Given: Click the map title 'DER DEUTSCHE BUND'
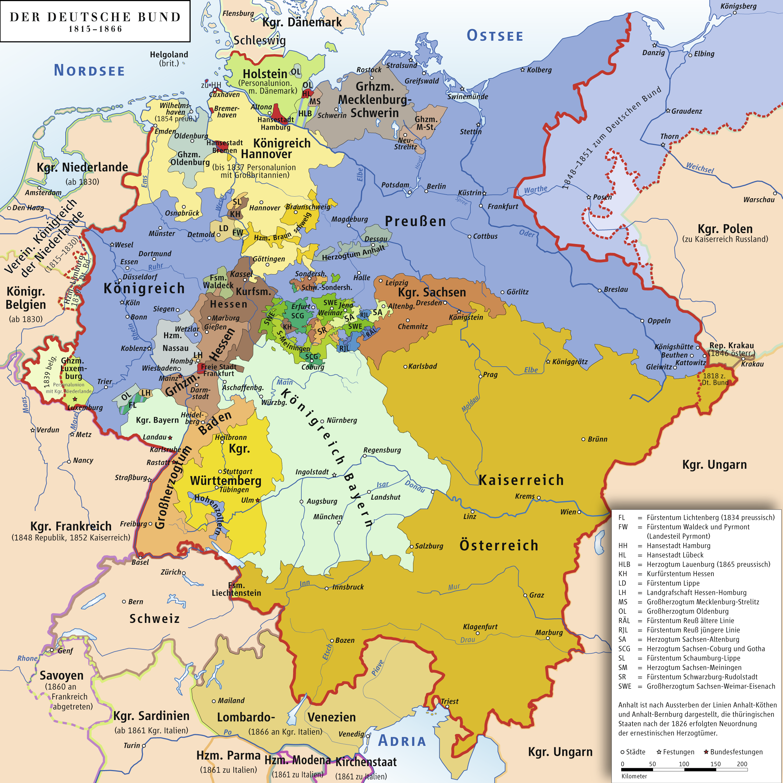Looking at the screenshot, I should [x=95, y=17].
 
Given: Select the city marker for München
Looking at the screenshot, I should [x=339, y=522].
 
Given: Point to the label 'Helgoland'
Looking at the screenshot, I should [x=169, y=55].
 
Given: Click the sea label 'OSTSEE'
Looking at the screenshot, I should [x=495, y=36].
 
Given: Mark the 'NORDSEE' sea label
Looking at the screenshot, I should [x=90, y=71].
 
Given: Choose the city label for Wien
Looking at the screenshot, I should [x=568, y=512].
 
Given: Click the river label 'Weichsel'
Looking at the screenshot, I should [x=700, y=167].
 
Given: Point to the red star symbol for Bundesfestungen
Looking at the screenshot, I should [x=706, y=752].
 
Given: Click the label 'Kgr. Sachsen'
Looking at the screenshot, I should [x=432, y=292].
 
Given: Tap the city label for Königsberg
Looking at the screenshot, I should [x=739, y=6].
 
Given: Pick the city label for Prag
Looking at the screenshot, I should [x=490, y=375].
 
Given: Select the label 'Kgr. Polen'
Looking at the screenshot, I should [x=725, y=229].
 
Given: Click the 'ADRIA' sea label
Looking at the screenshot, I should [x=402, y=741].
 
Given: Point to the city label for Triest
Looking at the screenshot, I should [x=450, y=701].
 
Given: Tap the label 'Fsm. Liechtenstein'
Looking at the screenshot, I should [x=236, y=589].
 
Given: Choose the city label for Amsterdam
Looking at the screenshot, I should [x=43, y=193].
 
